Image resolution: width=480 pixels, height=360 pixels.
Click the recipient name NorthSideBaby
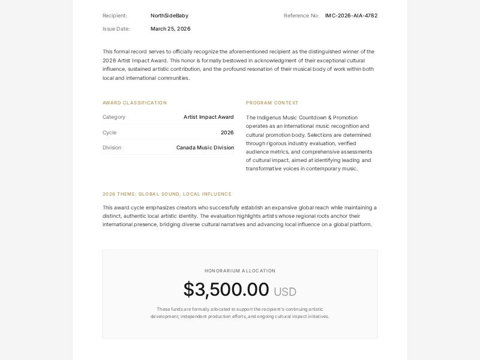(x=169, y=16)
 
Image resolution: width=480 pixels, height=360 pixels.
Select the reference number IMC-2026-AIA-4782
(x=351, y=16)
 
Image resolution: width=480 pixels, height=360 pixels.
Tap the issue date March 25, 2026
(x=170, y=29)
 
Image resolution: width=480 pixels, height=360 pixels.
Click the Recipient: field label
(x=115, y=16)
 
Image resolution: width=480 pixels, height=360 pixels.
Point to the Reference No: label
(x=301, y=16)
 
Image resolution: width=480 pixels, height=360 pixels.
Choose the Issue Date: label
(x=116, y=29)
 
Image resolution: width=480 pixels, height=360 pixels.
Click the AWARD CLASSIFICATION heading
(x=134, y=103)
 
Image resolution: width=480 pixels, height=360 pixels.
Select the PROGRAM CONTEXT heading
(x=272, y=103)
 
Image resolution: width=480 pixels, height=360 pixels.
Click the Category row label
(x=114, y=117)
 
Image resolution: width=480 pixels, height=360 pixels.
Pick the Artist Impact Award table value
(x=208, y=117)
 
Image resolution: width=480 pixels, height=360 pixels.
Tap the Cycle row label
(x=109, y=133)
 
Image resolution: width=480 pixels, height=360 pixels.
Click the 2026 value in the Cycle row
(x=227, y=133)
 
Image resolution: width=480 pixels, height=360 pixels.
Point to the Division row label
(x=112, y=148)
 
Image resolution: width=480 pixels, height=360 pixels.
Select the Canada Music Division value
(x=205, y=148)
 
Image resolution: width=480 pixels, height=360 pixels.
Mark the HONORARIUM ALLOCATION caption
(x=240, y=271)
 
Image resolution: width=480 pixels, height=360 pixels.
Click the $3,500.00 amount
(x=226, y=289)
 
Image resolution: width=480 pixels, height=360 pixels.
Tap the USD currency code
(x=285, y=292)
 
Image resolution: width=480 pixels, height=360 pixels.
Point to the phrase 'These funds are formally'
(x=181, y=309)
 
